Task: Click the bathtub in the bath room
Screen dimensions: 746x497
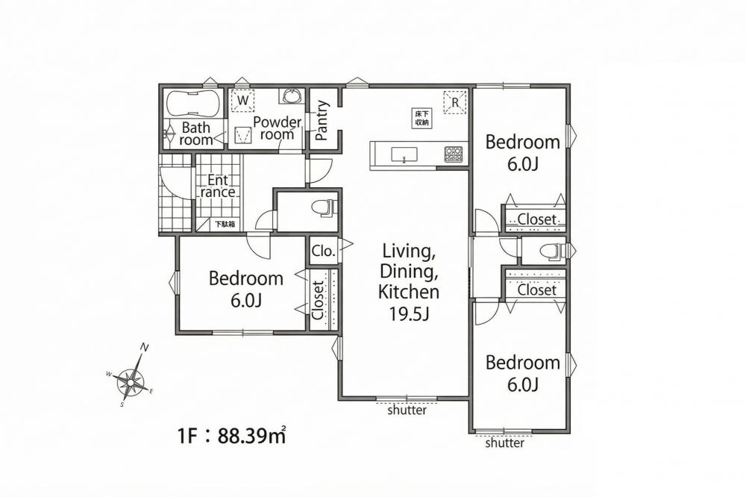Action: (192, 103)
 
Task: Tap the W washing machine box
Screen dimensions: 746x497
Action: (242, 100)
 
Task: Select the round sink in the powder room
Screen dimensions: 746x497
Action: (291, 96)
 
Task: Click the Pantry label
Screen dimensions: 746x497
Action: (322, 120)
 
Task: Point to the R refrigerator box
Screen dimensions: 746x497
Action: (455, 102)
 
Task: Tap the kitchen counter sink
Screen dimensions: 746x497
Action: (404, 154)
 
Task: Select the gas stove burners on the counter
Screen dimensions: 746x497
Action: (454, 153)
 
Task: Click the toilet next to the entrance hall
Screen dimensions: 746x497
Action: (325, 208)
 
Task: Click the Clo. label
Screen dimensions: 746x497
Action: (324, 251)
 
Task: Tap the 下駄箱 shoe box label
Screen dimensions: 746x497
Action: (225, 224)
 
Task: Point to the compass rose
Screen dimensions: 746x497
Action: (131, 381)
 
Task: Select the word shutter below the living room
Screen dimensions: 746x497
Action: (407, 410)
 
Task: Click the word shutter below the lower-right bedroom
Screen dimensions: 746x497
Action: (505, 443)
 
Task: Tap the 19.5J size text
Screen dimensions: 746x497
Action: (410, 313)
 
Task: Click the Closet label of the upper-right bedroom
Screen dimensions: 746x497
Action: (536, 219)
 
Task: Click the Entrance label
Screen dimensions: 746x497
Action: (218, 186)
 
